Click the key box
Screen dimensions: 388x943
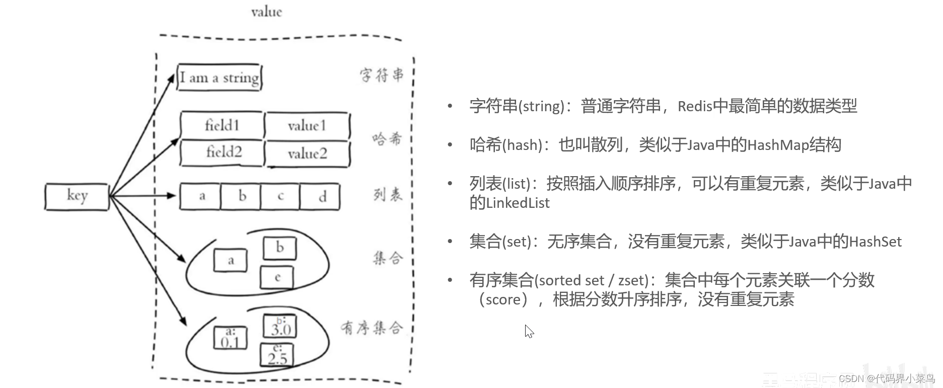77,196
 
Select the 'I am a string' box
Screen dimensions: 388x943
220,77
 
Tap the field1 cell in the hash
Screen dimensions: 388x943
222,125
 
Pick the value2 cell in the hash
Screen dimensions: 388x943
307,153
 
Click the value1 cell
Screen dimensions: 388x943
307,125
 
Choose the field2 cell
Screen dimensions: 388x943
223,152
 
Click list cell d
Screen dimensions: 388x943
321,196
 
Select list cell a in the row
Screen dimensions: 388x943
201,196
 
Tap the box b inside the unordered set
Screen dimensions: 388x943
279,248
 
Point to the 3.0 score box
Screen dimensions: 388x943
280,327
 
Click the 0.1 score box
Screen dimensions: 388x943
230,338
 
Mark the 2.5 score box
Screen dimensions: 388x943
276,355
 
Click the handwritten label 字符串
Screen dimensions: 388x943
381,75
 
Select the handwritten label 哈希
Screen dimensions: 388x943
387,138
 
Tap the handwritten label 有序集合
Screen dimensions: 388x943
372,328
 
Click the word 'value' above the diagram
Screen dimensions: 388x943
266,12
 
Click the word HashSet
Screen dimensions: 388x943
875,242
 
